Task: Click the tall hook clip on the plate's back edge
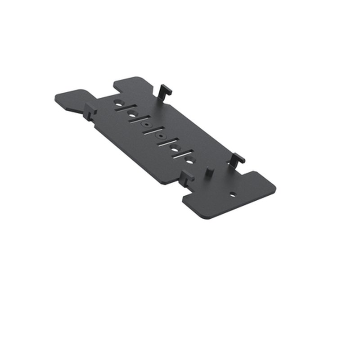[x=165, y=90]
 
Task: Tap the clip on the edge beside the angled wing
[x=90, y=110]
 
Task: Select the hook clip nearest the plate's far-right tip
[x=238, y=158]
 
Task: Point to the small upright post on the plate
[x=209, y=172]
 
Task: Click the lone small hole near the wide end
[x=233, y=194]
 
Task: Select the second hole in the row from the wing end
[x=132, y=114]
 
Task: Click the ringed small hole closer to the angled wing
[x=146, y=122]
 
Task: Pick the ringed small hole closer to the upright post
[x=159, y=135]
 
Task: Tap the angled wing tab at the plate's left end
[x=74, y=99]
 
